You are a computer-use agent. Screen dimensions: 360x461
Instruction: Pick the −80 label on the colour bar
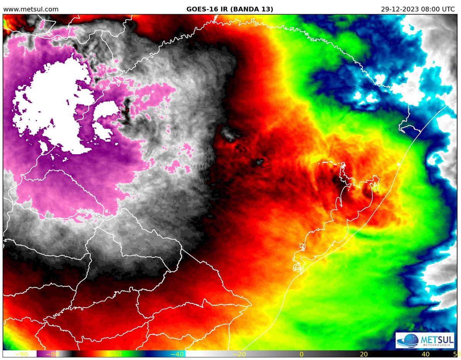[x=52, y=354]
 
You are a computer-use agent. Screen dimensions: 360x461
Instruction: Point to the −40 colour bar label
[x=176, y=354]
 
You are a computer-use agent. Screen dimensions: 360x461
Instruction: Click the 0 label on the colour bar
[x=302, y=354]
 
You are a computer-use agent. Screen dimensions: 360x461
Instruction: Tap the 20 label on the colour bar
[x=364, y=354]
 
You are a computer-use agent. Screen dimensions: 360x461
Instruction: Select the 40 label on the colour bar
[x=426, y=354]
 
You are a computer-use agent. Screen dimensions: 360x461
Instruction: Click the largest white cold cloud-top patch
[x=54, y=104]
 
